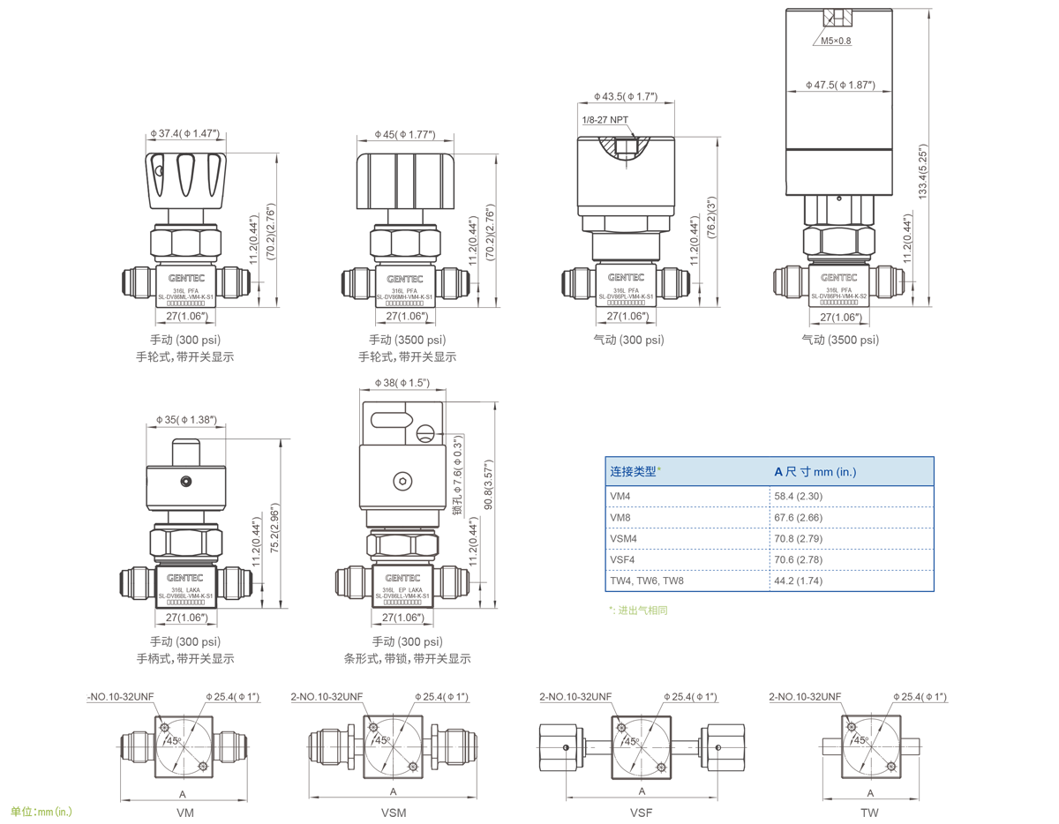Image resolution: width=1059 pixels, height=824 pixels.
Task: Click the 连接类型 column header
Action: (633, 472)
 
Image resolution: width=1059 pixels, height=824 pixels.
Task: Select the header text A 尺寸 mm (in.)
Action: (815, 472)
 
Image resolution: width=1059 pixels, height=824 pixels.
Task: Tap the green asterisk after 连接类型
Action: (659, 468)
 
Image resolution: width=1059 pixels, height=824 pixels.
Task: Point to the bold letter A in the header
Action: (778, 472)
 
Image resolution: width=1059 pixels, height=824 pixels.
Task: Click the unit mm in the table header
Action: (823, 472)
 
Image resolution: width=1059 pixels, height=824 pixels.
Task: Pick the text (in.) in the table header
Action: (846, 472)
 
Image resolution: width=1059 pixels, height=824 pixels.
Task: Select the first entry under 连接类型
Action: (623, 497)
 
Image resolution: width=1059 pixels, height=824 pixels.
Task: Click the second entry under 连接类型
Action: (623, 518)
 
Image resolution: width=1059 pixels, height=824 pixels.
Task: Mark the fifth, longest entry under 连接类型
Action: (650, 581)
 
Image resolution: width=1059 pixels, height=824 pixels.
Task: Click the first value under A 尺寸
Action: (801, 497)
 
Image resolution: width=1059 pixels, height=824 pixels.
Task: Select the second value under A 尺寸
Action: (801, 518)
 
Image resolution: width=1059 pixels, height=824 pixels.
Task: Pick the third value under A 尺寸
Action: (801, 539)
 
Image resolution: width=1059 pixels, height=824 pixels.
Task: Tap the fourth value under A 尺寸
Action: (801, 560)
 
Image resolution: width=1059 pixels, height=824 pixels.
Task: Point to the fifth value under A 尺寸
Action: (801, 581)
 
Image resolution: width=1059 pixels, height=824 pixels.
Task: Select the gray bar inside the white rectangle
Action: (184, 356)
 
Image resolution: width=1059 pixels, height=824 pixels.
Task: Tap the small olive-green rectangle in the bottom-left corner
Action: (41, 811)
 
